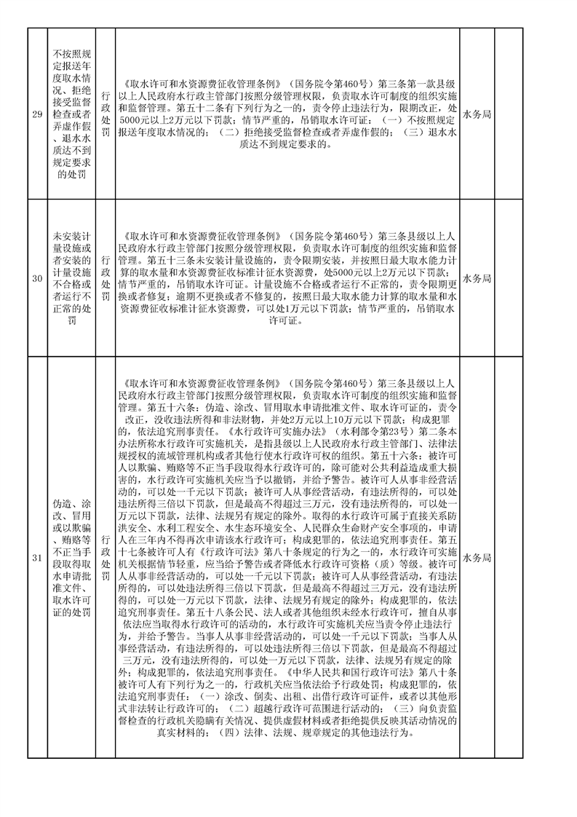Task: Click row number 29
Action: [36, 114]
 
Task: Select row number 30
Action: [36, 279]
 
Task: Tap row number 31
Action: [36, 559]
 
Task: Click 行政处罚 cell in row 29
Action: [106, 114]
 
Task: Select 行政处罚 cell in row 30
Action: [106, 279]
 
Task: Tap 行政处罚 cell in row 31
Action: [106, 559]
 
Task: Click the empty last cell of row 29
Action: [509, 114]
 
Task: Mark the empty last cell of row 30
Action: [509, 279]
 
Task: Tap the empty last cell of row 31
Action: [509, 559]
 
